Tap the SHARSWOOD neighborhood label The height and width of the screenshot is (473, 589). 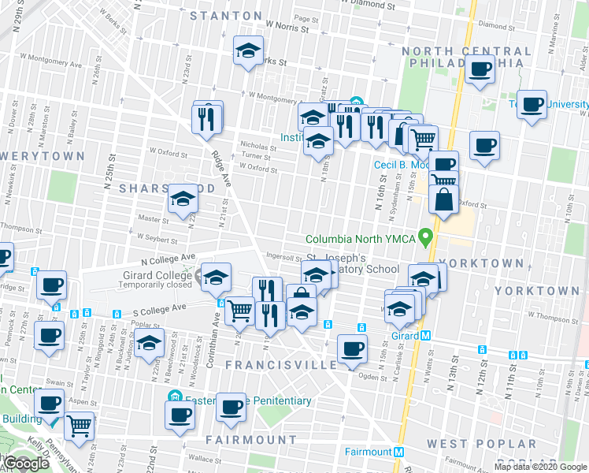click(x=167, y=189)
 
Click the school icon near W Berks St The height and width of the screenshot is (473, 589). click(x=249, y=51)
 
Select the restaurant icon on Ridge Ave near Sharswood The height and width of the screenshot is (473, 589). click(x=207, y=119)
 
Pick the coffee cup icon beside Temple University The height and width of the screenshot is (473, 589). click(x=532, y=104)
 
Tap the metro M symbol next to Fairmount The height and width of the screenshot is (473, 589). click(x=399, y=453)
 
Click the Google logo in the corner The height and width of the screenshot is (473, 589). click(x=26, y=464)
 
